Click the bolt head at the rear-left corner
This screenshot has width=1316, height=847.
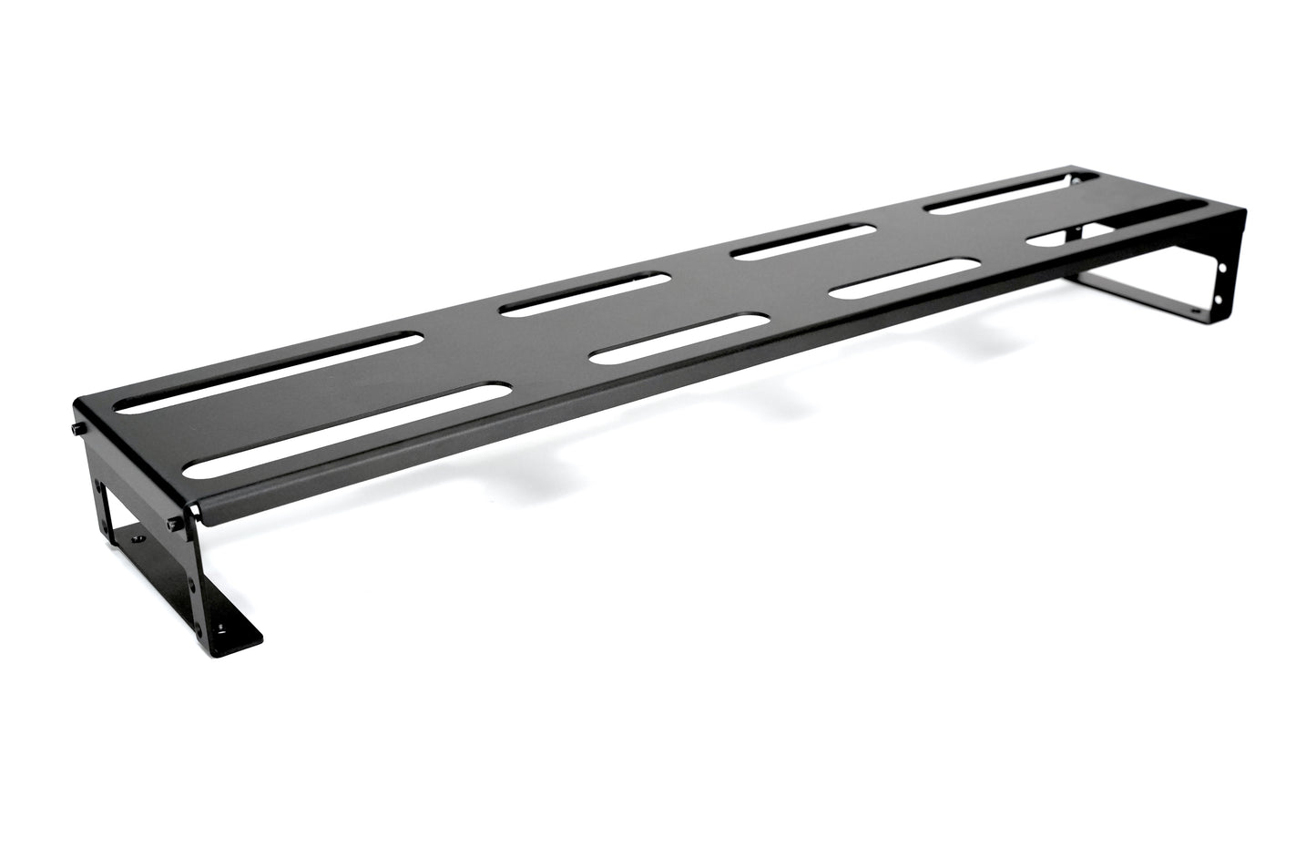tap(76, 429)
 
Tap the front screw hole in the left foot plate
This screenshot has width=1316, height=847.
tap(223, 628)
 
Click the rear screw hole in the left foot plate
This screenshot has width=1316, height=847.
tap(138, 540)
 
